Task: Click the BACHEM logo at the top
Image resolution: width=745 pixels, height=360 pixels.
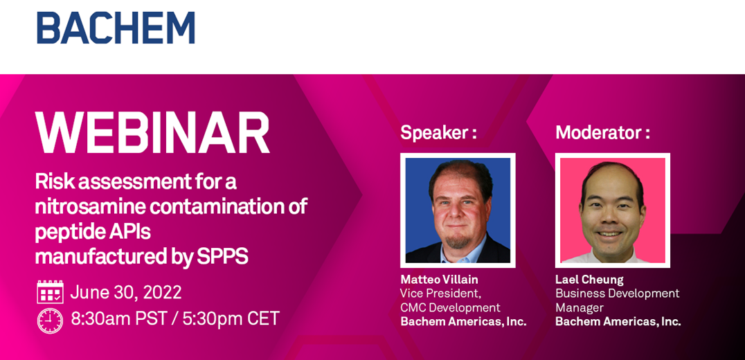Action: tap(116, 28)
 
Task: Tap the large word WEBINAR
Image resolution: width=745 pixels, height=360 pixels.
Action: tap(153, 133)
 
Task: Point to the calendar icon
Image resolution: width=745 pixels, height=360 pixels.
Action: tap(50, 291)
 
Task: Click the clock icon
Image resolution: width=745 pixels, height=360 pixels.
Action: tap(50, 320)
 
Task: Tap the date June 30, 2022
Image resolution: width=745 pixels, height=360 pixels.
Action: tap(126, 292)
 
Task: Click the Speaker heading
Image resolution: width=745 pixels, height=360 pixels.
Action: tap(438, 133)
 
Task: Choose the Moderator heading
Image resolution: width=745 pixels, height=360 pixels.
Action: tap(602, 133)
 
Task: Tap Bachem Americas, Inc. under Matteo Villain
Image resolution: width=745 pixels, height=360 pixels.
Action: tap(464, 321)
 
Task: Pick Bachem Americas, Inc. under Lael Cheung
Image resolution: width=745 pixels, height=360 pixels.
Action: tap(618, 321)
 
